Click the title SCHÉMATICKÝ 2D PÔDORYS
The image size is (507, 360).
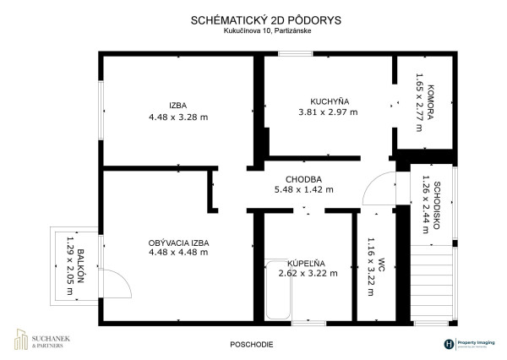[x=253, y=17]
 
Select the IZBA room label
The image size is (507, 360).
[x=177, y=106]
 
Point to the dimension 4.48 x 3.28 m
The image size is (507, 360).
[x=177, y=117]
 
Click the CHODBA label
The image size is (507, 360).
[x=303, y=178]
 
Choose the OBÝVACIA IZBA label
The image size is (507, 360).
[x=178, y=242]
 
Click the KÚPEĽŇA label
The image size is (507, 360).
[x=303, y=262]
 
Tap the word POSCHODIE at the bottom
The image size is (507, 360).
[x=253, y=345]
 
